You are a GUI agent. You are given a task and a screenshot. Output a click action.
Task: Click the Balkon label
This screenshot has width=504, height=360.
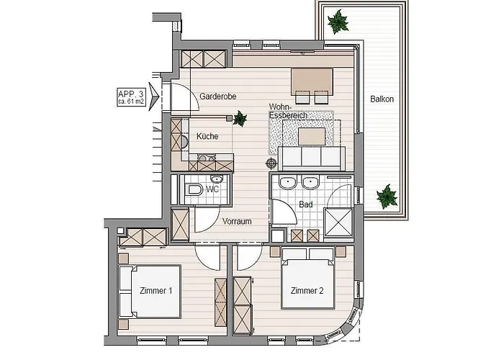point(382,99)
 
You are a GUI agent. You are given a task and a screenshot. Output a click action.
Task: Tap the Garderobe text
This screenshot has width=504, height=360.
point(218,96)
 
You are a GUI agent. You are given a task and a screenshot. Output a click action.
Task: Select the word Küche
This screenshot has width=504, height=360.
point(207,136)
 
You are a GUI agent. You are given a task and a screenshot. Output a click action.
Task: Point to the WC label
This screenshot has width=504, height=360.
point(212,189)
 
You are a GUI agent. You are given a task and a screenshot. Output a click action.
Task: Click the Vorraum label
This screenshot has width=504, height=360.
point(237,222)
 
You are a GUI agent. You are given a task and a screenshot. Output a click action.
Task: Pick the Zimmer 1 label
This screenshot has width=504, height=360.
point(156,291)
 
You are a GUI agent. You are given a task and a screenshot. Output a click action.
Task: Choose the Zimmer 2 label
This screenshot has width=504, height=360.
point(307,291)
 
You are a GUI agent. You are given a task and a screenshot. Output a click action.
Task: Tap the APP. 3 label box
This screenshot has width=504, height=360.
point(131,97)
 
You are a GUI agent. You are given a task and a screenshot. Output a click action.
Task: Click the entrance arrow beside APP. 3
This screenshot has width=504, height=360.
point(153,96)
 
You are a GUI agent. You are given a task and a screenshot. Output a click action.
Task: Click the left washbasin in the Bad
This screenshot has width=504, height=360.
point(287,183)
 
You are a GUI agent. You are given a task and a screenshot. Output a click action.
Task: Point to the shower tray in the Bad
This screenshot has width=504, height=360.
point(338,222)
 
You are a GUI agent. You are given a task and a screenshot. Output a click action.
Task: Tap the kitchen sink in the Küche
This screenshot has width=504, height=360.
point(184,142)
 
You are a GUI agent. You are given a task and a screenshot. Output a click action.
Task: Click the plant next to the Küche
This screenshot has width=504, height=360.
point(240,119)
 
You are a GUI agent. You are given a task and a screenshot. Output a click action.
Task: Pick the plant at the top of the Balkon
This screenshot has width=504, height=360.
point(338,22)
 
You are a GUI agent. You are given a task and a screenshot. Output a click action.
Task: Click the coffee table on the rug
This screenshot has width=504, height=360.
point(312,136)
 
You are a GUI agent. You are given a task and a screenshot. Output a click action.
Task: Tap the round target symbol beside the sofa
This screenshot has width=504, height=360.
point(271,163)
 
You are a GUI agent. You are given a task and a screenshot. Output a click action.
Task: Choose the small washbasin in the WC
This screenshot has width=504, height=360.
point(217,179)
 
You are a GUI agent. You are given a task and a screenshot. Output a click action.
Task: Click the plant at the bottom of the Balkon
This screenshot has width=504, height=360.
point(387,197)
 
